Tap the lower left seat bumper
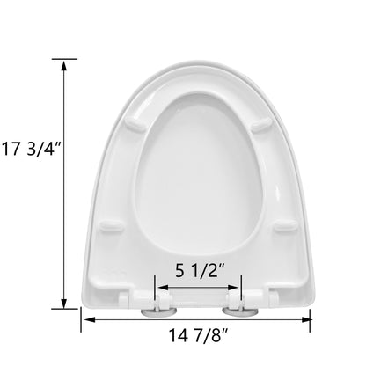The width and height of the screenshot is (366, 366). (x=111, y=226)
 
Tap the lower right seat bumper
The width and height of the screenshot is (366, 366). (x=282, y=226)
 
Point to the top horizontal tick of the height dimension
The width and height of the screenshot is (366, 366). (x=64, y=59)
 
